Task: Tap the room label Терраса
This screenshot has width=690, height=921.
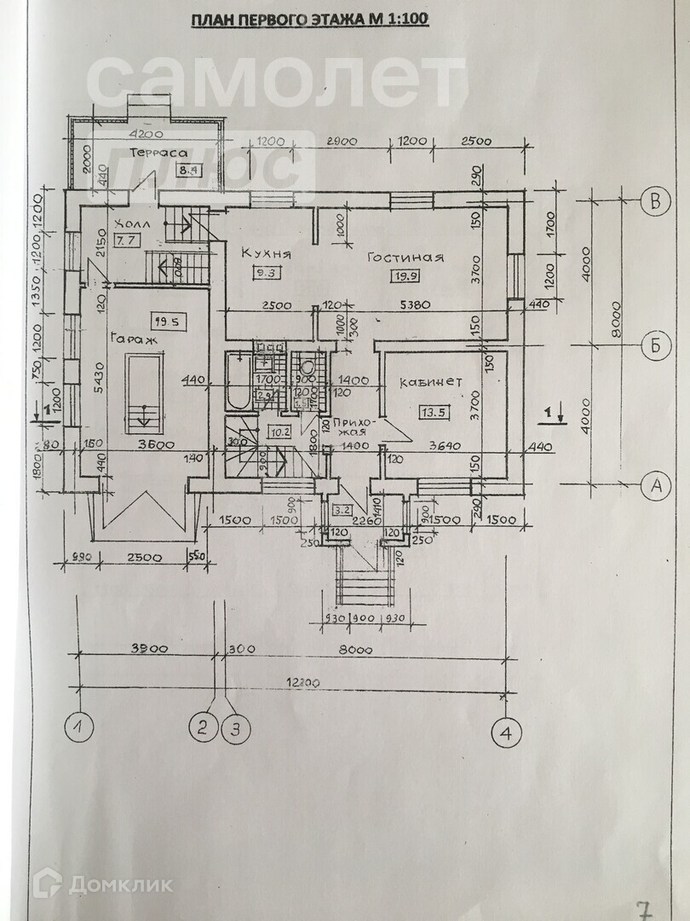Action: click(158, 152)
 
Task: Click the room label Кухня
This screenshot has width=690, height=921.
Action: click(267, 253)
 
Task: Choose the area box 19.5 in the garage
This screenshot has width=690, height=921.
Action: click(165, 321)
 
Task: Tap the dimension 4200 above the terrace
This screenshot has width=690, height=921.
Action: click(146, 135)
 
